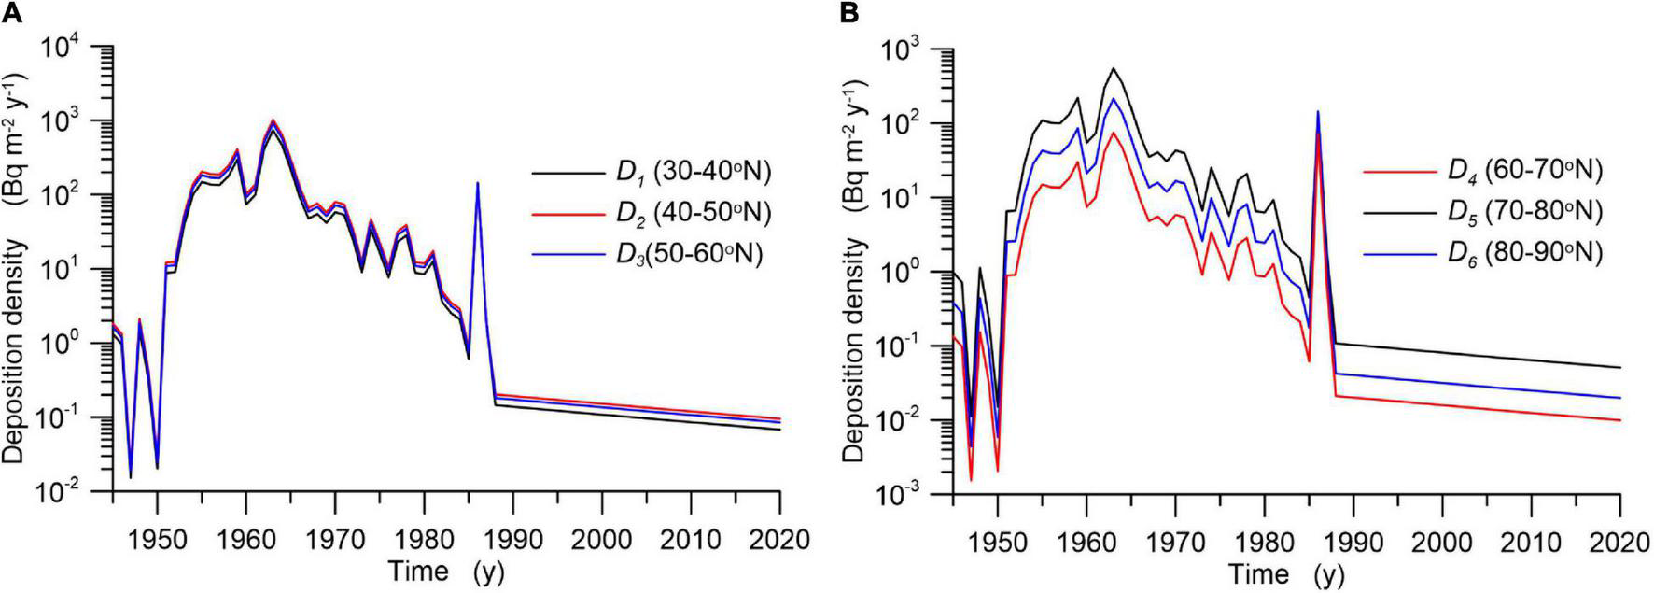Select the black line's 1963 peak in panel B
pyautogui.click(x=1113, y=68)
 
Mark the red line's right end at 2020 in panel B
pyautogui.click(x=1619, y=420)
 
